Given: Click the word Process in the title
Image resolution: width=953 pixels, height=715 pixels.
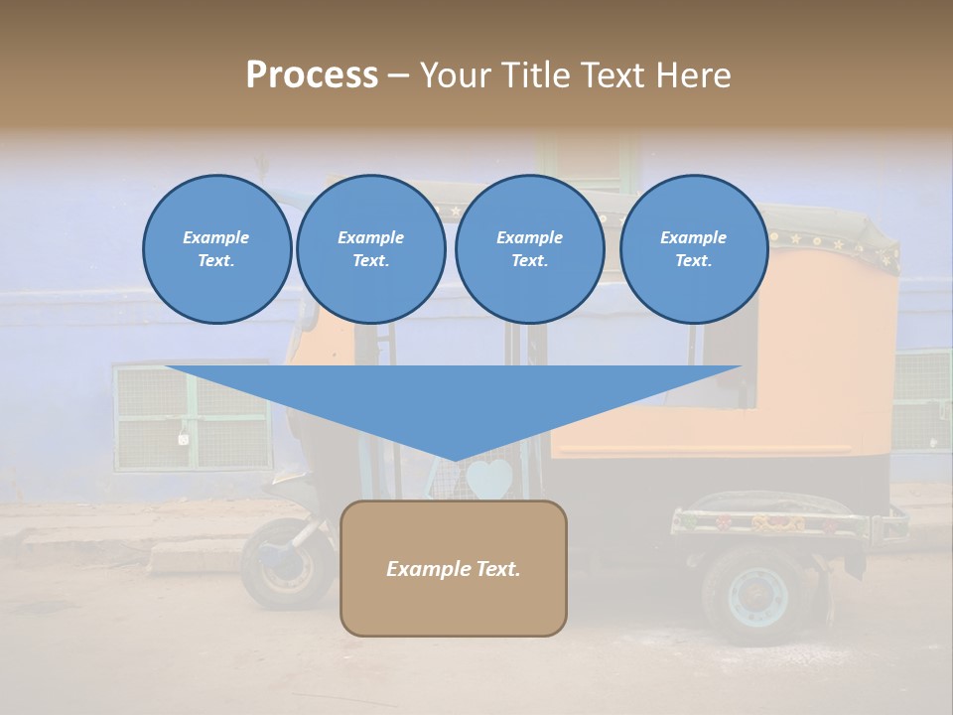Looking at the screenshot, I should pos(312,75).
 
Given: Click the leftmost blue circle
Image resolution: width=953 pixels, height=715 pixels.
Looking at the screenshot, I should pos(216,249).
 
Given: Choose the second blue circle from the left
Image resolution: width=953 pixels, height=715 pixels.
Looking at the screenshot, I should pos(371,249).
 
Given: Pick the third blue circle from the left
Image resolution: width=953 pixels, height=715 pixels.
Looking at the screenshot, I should pos(529,249).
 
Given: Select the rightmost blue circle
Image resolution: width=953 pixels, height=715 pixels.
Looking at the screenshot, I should pos(694,249).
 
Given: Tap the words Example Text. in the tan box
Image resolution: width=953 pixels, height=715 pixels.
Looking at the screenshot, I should pos(454,569).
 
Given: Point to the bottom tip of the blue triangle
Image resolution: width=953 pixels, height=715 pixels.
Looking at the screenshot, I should pos(455,460).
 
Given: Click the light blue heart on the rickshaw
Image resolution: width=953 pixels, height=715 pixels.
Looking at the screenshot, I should pos(489,481).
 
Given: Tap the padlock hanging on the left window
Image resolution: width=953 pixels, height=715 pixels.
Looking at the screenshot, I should pos(184,436).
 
